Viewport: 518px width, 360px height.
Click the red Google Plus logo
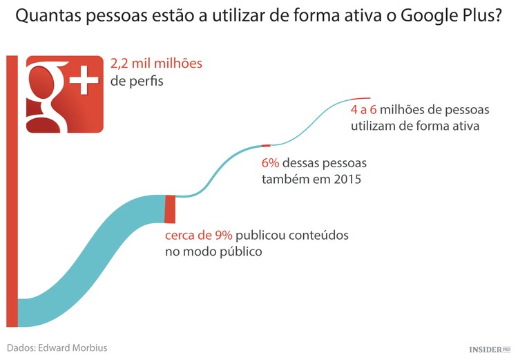tap(64, 94)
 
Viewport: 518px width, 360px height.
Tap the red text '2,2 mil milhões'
tap(156, 64)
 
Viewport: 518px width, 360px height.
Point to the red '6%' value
tap(269, 164)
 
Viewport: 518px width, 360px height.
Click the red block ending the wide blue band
tap(170, 209)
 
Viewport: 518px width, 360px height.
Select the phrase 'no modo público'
tap(213, 252)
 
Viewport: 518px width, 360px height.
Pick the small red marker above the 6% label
tap(266, 145)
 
